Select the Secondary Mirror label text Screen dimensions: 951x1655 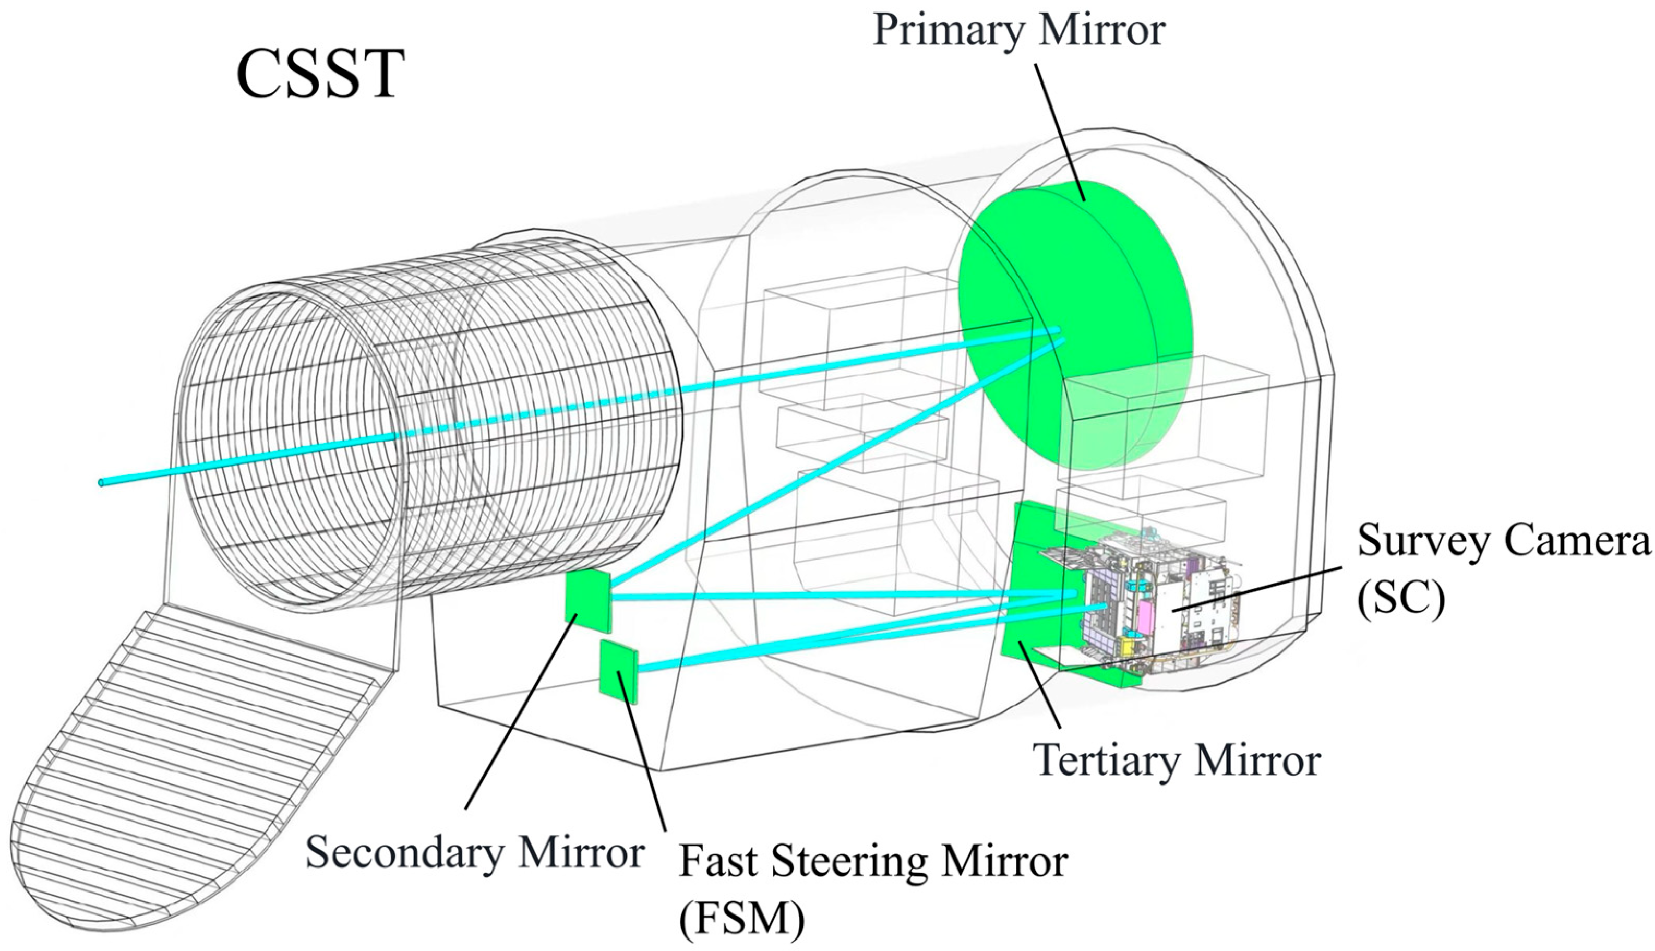(475, 852)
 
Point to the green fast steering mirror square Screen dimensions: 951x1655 (618, 671)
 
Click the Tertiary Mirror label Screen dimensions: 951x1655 (1179, 760)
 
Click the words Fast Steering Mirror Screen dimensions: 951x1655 (873, 861)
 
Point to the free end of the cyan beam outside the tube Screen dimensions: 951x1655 (102, 483)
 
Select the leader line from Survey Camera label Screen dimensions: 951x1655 (1260, 588)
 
